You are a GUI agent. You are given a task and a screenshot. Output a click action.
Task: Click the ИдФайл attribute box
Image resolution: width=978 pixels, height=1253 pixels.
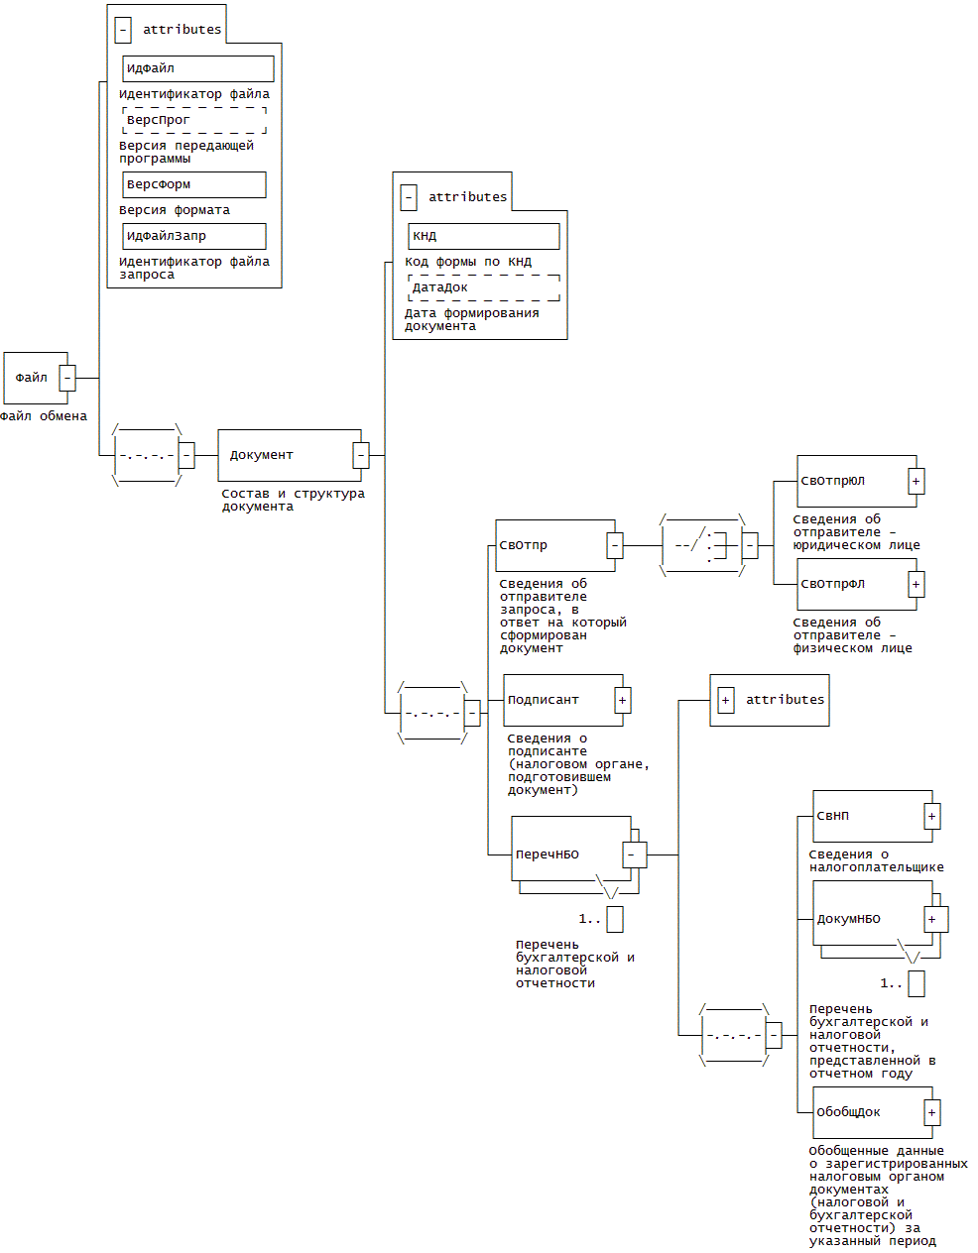[197, 68]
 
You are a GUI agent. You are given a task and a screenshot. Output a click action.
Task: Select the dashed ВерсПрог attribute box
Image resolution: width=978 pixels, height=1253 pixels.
[194, 120]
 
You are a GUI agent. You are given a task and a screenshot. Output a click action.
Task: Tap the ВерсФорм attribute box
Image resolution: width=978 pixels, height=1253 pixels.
[194, 184]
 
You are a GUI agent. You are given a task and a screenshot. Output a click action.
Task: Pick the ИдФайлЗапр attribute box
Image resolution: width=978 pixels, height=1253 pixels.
[194, 236]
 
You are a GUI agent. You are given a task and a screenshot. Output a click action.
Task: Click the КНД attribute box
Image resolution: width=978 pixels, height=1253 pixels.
[483, 236]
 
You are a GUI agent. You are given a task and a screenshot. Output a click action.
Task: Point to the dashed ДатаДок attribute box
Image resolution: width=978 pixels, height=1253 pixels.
[483, 287]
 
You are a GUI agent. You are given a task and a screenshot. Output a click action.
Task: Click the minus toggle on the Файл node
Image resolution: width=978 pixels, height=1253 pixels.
[67, 378]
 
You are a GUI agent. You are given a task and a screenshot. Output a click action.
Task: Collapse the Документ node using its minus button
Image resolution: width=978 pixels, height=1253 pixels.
[361, 455]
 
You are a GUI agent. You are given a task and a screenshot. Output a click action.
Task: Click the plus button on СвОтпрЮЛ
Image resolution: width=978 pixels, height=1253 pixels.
[917, 481]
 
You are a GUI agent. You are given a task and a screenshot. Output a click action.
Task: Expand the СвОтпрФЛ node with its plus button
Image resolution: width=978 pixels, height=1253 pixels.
[917, 584]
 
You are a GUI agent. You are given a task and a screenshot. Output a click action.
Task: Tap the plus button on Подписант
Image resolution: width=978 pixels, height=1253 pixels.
[623, 700]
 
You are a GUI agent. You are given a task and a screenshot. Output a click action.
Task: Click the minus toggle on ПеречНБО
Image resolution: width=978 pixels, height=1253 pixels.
[635, 854]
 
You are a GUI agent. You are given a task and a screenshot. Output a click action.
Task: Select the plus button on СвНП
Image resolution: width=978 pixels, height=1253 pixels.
[932, 816]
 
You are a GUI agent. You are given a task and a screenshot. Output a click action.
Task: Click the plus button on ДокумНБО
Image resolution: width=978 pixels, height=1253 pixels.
[932, 919]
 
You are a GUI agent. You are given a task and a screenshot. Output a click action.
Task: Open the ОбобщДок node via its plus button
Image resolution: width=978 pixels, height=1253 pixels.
[932, 1112]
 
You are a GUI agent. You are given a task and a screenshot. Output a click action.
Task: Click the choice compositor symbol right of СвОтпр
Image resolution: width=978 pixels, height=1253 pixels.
[701, 545]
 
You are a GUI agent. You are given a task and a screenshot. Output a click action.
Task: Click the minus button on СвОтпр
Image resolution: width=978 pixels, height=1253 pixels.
[615, 545]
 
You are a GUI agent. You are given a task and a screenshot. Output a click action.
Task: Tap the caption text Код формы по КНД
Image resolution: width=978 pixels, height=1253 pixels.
[468, 262]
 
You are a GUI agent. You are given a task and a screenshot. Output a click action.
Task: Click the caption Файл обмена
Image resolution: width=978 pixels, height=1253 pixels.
[44, 416]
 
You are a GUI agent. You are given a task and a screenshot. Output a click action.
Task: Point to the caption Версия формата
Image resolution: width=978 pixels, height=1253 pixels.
[175, 210]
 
